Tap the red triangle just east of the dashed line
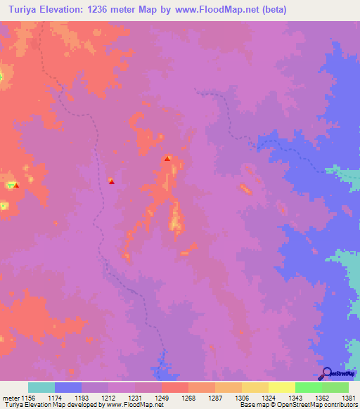(111, 181)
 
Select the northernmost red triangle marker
(167, 159)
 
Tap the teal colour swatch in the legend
(41, 387)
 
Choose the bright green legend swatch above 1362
(308, 387)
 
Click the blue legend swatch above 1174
(68, 387)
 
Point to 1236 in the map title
(105, 10)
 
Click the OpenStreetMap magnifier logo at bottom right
(326, 373)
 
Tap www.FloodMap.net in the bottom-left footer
(137, 405)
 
